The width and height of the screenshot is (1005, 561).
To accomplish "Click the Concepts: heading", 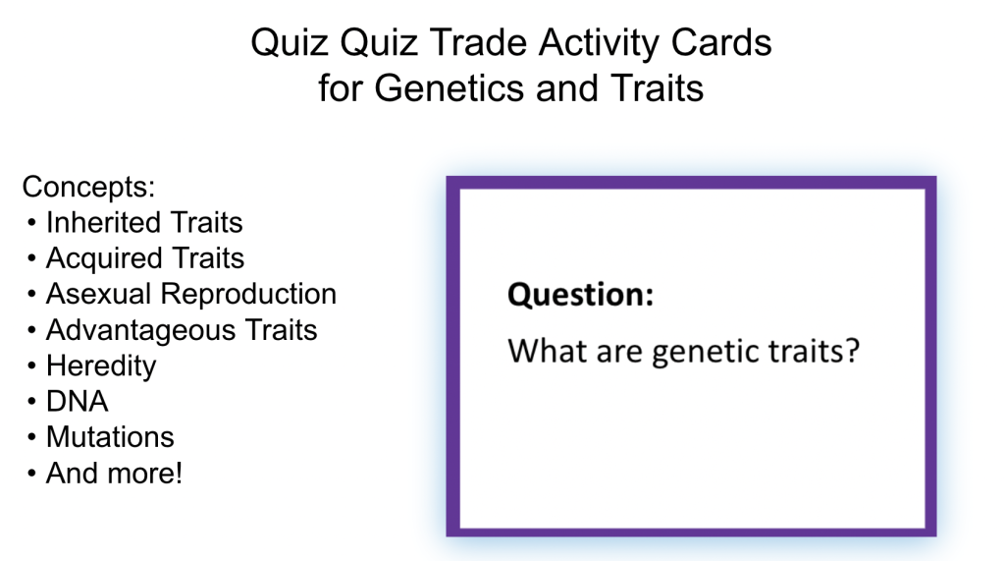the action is (88, 187).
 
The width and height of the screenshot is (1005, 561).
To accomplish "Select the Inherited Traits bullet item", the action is (144, 222).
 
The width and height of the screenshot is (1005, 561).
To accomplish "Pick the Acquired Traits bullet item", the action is (145, 258).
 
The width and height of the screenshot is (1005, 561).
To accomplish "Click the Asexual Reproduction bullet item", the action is (191, 294).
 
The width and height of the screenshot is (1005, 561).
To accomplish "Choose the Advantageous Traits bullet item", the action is (182, 330).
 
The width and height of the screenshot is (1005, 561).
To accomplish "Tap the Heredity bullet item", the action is (101, 366).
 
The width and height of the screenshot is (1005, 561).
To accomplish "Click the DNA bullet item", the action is (77, 401).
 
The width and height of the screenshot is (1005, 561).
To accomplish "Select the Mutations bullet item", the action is (110, 437).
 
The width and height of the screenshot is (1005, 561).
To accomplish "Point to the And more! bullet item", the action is (114, 473).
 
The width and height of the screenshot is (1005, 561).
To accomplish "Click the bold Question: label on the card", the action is (580, 296).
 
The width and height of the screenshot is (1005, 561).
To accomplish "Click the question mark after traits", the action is (853, 351).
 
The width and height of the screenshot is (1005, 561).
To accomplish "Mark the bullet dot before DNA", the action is (31, 403).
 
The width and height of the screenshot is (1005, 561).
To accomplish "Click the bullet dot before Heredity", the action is (31, 366).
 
